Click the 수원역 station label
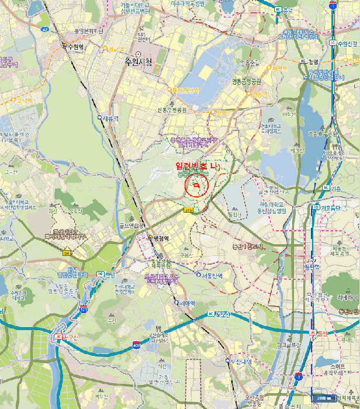(76, 47)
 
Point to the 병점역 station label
(160, 238)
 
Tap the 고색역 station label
(25, 100)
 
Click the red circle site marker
(197, 186)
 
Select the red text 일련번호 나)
(199, 167)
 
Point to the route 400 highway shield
(136, 345)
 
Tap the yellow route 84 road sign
(67, 253)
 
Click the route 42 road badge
(45, 29)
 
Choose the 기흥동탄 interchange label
(327, 207)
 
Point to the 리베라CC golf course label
(348, 297)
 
